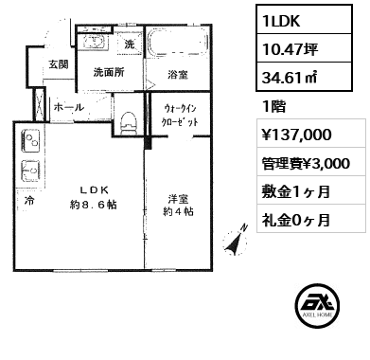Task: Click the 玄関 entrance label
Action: [59, 64]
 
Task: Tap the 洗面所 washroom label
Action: [109, 73]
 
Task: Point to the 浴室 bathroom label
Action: [178, 75]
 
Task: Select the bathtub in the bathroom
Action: [178, 43]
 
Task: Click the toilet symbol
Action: [129, 122]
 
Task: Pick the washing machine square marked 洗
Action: [129, 44]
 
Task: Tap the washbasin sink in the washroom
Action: [94, 41]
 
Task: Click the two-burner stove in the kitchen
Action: [30, 141]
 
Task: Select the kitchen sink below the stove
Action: [30, 171]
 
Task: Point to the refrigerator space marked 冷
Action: [29, 201]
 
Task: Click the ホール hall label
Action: [69, 107]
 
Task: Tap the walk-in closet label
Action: [180, 116]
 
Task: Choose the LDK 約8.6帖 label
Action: [94, 198]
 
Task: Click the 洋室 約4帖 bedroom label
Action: [178, 205]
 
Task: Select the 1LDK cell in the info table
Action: [304, 20]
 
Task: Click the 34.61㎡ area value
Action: [304, 77]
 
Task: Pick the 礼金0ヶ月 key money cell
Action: [311, 219]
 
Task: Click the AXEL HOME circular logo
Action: [318, 305]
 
